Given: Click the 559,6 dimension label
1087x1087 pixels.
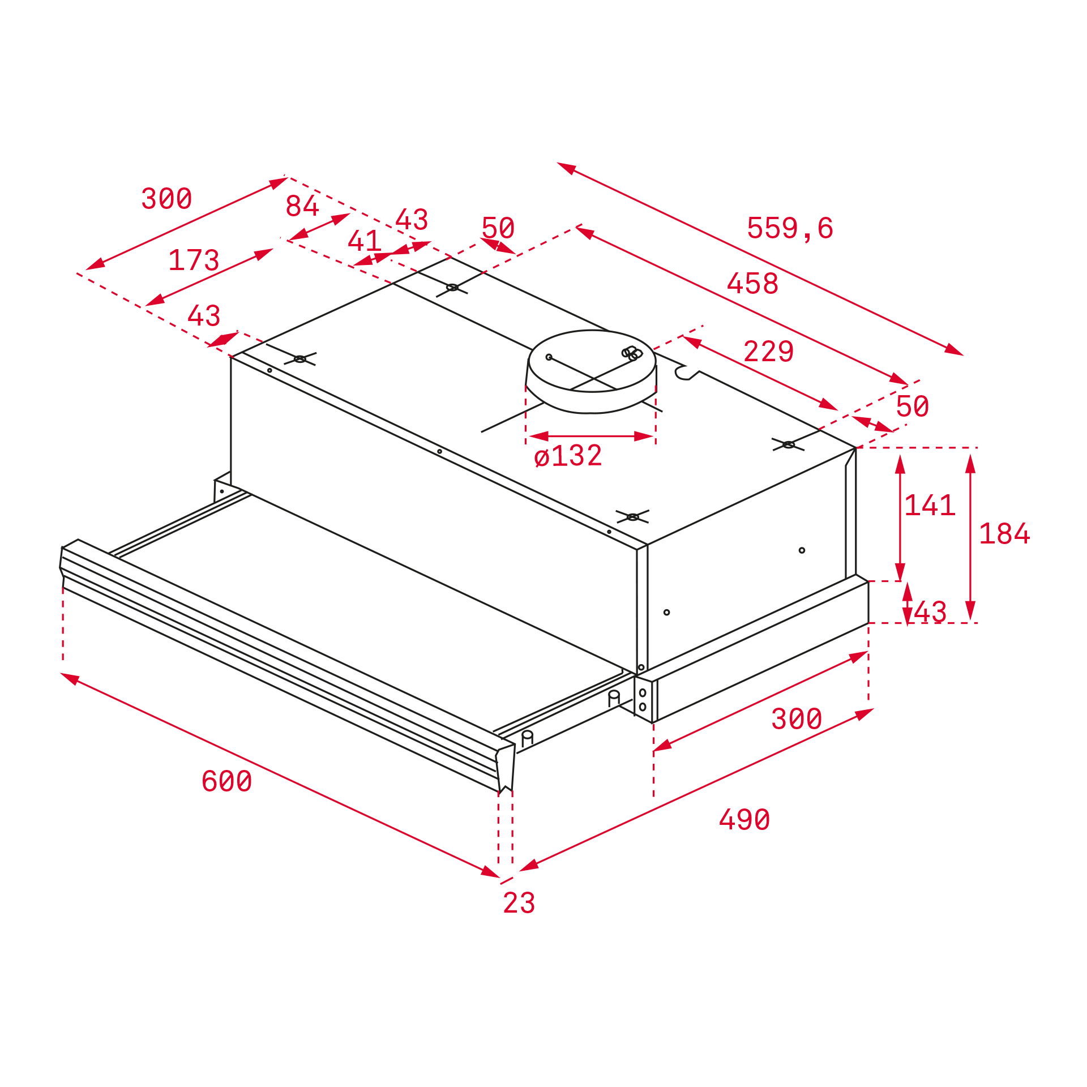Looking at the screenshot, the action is pyautogui.click(x=790, y=228).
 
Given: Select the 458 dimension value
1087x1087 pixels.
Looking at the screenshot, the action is pyautogui.click(x=752, y=283).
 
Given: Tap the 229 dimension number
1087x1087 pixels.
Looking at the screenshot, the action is pyautogui.click(x=768, y=352).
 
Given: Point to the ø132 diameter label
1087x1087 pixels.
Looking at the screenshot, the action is pyautogui.click(x=568, y=456).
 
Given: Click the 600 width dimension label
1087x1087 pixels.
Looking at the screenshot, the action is pyautogui.click(x=226, y=781).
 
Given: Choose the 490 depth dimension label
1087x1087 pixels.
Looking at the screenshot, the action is pyautogui.click(x=744, y=820).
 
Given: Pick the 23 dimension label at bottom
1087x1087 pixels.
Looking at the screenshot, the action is pyautogui.click(x=519, y=903).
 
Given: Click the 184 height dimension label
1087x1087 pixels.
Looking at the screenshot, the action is pyautogui.click(x=1004, y=534).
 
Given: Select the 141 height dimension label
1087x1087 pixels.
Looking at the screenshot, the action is pyautogui.click(x=930, y=505).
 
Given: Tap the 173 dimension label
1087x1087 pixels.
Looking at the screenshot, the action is pyautogui.click(x=194, y=260).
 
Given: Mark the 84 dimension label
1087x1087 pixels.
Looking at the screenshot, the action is pyautogui.click(x=302, y=206).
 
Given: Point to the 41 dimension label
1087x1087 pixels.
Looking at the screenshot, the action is pyautogui.click(x=364, y=241).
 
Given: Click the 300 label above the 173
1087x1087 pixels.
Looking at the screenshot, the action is pyautogui.click(x=166, y=199).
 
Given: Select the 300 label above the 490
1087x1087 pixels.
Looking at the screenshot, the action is pyautogui.click(x=797, y=719).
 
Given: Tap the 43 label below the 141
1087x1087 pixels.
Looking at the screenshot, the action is pyautogui.click(x=930, y=612).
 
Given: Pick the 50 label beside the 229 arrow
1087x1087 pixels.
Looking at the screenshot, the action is pyautogui.click(x=912, y=406).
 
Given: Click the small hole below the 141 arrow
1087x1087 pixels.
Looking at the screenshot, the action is pyautogui.click(x=802, y=550).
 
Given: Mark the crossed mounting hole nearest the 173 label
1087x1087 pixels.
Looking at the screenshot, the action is pyautogui.click(x=300, y=359).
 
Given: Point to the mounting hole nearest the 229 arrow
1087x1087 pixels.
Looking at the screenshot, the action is pyautogui.click(x=788, y=445).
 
